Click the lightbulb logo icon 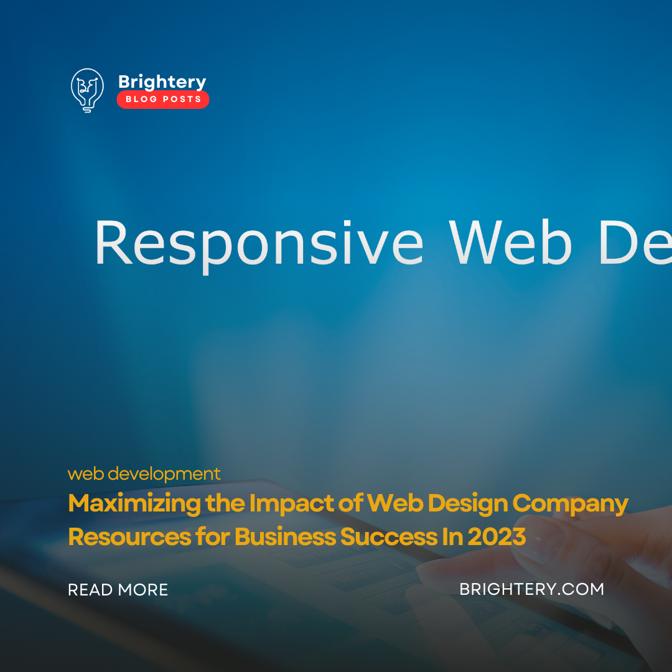tap(86, 90)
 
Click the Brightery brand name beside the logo tap(162, 82)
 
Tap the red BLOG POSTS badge tap(163, 100)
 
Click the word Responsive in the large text tap(258, 243)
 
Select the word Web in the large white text tap(510, 243)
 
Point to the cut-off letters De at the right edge tap(635, 243)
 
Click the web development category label tap(144, 474)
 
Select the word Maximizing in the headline tap(134, 503)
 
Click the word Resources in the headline tap(129, 536)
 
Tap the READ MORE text tap(118, 590)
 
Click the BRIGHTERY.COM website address tap(531, 589)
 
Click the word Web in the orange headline tap(388, 503)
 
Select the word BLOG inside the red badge tap(141, 100)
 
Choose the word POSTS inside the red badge tap(182, 100)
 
